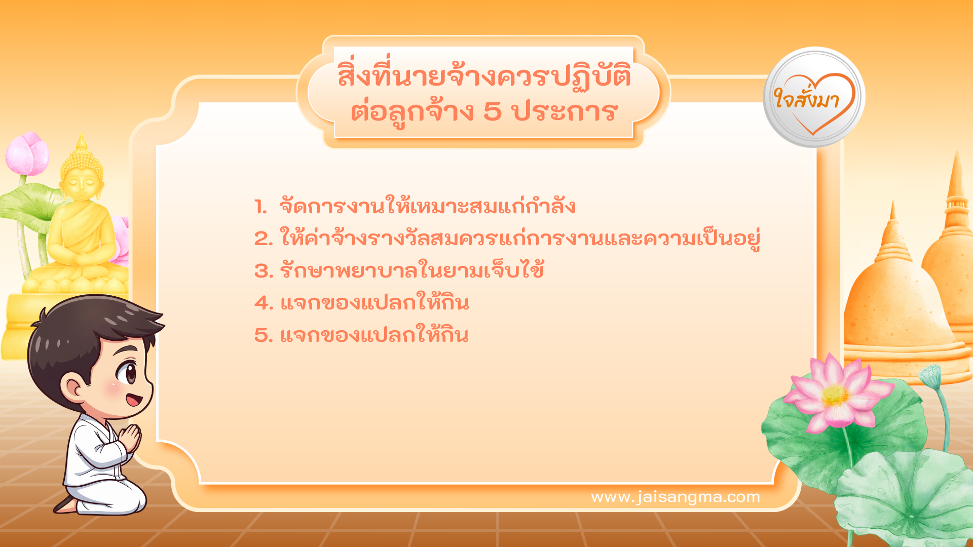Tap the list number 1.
pyautogui.click(x=260, y=207)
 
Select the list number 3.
pyautogui.click(x=263, y=271)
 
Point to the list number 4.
pyautogui.click(x=264, y=303)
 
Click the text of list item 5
pyautogui.click(x=375, y=335)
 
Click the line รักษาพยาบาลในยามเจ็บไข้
pyautogui.click(x=412, y=270)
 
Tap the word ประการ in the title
pyautogui.click(x=565, y=111)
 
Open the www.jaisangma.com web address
pyautogui.click(x=676, y=497)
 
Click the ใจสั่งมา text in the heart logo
pyautogui.click(x=807, y=99)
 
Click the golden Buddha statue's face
pyautogui.click(x=81, y=182)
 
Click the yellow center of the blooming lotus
pyautogui.click(x=834, y=395)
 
